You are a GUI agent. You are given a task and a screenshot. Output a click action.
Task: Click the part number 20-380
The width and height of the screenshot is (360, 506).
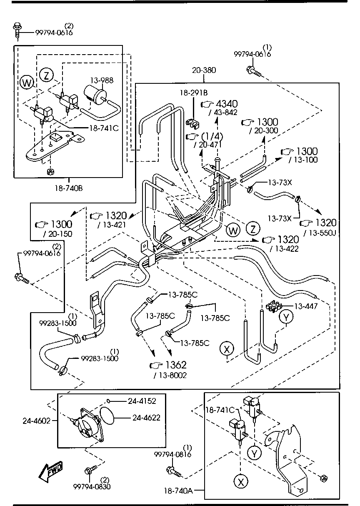pos(204,70)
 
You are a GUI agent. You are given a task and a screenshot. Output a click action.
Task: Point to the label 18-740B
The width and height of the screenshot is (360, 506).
pos(68,188)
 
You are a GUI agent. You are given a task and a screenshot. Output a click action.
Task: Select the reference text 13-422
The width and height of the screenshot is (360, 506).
pos(285,249)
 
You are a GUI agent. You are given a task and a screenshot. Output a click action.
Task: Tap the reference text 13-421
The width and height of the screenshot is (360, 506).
pos(112,225)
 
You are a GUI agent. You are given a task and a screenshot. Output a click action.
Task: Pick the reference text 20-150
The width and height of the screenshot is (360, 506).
pos(57,234)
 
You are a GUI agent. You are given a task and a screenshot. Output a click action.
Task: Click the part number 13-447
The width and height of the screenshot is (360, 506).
pos(307,306)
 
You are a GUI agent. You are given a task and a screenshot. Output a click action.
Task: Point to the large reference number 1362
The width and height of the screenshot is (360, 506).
pos(175,365)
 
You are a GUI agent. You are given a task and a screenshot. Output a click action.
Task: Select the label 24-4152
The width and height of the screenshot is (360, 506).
pos(142,401)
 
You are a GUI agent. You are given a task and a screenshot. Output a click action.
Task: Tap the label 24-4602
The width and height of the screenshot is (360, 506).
pos(36,421)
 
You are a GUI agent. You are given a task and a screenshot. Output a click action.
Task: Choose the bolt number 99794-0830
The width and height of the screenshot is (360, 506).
pos(92,486)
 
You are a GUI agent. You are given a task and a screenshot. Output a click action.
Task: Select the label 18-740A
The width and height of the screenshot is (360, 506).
pos(178,491)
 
